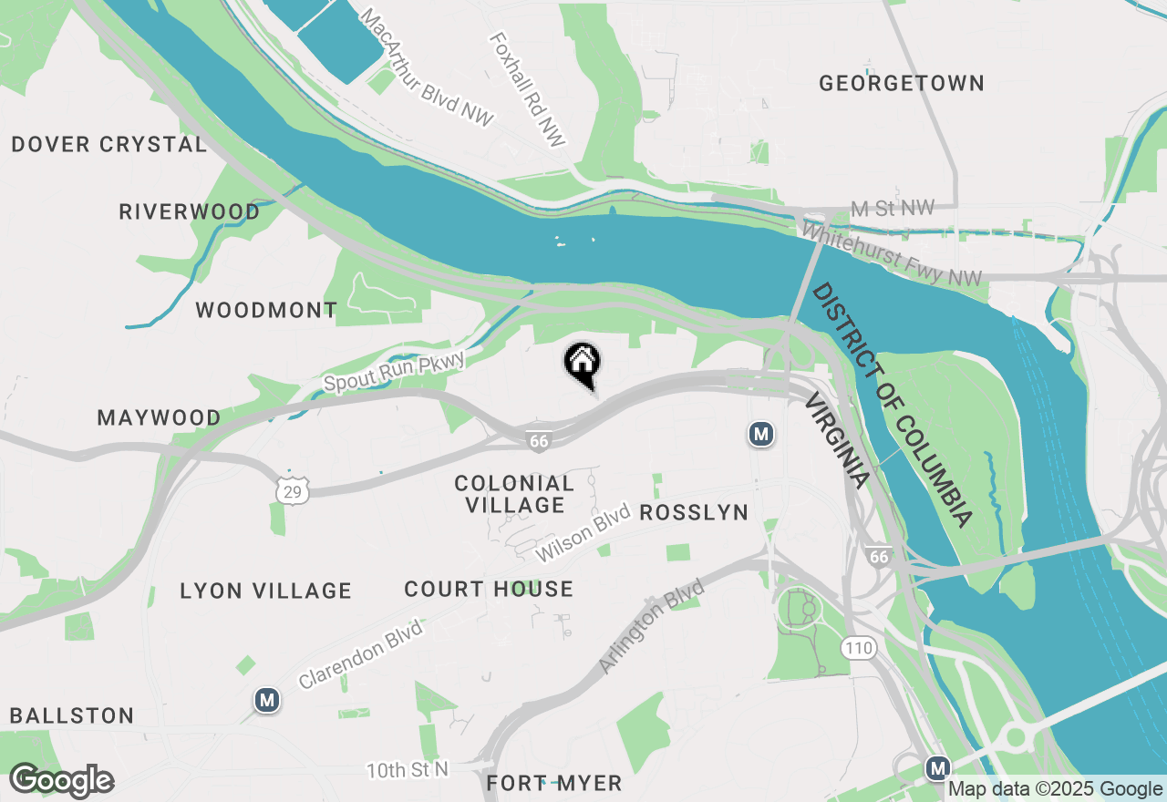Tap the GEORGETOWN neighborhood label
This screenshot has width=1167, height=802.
[901, 84]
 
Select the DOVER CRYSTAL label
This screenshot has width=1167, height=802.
[109, 145]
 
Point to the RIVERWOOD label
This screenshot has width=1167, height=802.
[190, 212]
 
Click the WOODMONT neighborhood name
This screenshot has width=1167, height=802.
[266, 311]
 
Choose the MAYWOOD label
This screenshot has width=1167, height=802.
[159, 418]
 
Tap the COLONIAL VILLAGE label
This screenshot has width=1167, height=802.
[514, 494]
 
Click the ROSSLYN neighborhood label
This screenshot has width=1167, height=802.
[694, 513]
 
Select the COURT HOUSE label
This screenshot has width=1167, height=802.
[489, 590]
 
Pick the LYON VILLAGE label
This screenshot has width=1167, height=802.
[265, 591]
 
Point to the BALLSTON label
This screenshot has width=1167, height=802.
[72, 716]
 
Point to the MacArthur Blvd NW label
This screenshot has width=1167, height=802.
[427, 68]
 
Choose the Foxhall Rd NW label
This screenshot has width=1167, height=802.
[528, 89]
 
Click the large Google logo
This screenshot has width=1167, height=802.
[62, 781]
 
